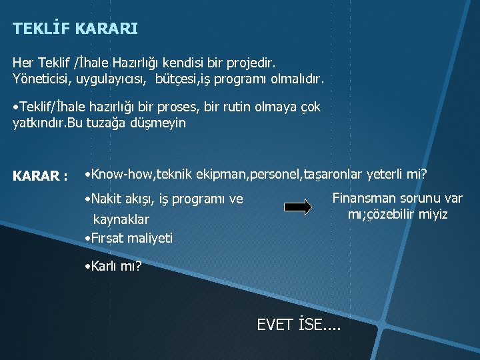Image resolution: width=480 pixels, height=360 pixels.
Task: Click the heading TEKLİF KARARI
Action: pos(75,29)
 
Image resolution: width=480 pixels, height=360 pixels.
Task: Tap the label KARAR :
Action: pos(40,177)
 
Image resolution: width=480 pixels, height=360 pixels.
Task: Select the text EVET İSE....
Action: pos(298,325)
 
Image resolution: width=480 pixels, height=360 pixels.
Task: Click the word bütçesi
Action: pos(180,80)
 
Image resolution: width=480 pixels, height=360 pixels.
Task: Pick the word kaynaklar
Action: pos(121,219)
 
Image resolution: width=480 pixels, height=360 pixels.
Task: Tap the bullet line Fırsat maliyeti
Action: pos(129,237)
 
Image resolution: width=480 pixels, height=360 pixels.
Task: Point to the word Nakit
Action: pos(108,199)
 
